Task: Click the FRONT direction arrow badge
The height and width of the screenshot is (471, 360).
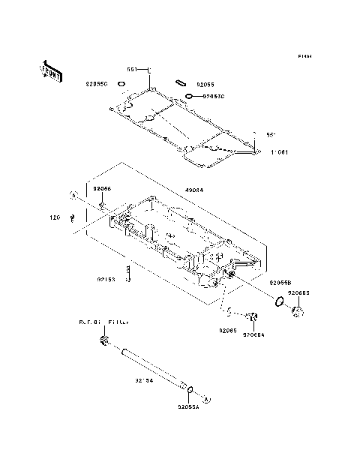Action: click(49, 71)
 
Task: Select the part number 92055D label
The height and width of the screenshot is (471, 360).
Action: click(211, 97)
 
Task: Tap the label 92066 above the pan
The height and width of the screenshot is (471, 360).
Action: click(102, 189)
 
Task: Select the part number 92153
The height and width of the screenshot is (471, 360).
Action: click(106, 280)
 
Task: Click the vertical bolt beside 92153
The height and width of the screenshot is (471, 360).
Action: click(129, 274)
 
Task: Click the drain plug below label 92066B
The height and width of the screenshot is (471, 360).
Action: click(297, 310)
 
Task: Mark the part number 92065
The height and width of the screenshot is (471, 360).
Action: click(229, 330)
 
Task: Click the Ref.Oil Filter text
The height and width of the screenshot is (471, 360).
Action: click(104, 322)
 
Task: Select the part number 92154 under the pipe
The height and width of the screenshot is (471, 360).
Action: click(145, 380)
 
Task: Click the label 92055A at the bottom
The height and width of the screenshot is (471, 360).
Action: click(188, 407)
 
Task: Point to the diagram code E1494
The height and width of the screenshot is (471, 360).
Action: click(303, 56)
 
